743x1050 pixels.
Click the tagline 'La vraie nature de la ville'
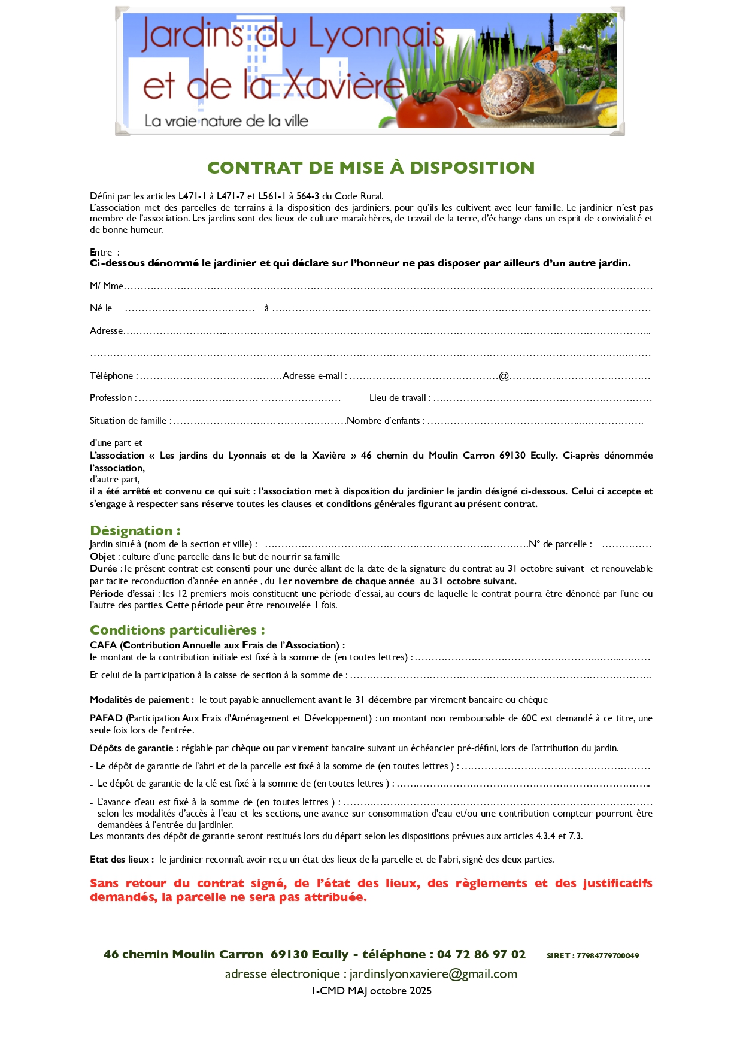tap(226, 121)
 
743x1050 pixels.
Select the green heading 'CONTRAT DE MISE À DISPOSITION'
tap(371, 168)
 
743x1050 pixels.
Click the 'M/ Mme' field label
tap(107, 286)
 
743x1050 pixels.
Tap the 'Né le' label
tap(101, 308)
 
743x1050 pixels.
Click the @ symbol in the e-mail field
tap(504, 376)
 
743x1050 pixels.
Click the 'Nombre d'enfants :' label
tap(386, 421)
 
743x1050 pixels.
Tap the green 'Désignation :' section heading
tap(135, 530)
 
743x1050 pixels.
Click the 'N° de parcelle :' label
tap(560, 544)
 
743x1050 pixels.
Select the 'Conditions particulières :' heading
tap(177, 630)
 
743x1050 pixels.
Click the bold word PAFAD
tap(106, 718)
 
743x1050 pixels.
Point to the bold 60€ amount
tap(529, 718)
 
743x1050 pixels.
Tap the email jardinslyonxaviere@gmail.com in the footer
tap(433, 974)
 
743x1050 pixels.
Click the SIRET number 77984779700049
tap(607, 956)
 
